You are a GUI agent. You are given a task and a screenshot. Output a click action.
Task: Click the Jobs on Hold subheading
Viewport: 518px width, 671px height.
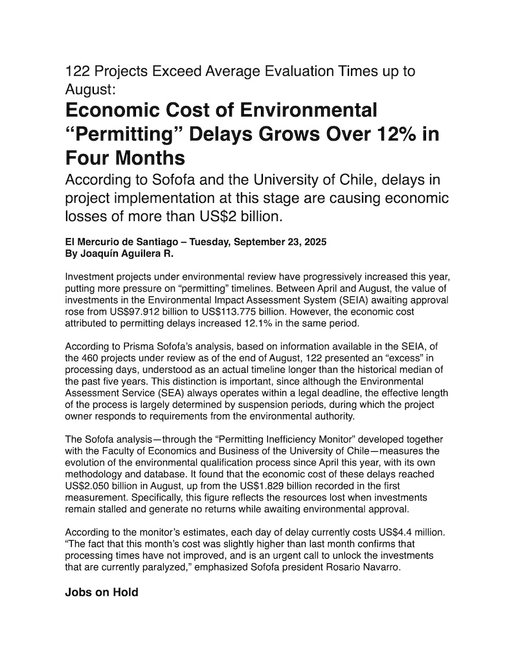coord(102,592)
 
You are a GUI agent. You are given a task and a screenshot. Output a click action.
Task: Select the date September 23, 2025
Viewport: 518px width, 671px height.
coord(275,242)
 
